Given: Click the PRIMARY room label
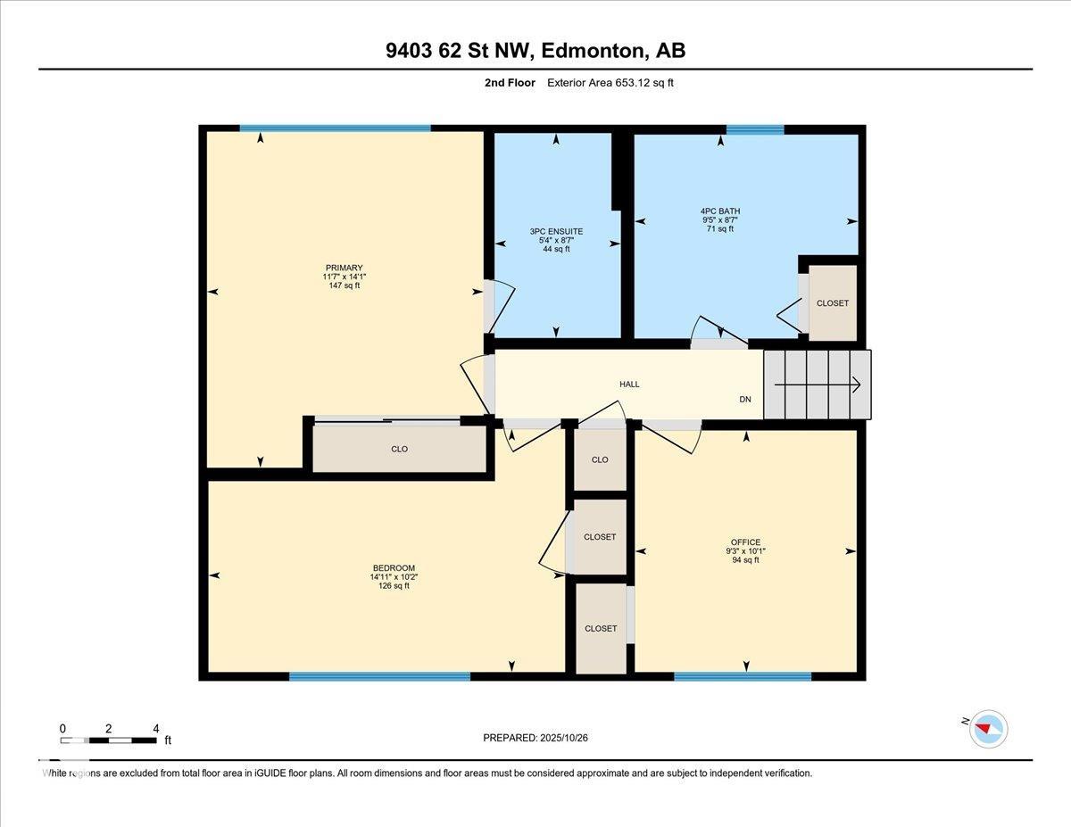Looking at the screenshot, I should point(344,268).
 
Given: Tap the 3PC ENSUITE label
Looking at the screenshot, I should point(556,232).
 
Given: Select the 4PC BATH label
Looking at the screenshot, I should point(719,211).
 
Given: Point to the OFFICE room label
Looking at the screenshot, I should point(745,542).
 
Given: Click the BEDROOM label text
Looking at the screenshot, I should point(394,568).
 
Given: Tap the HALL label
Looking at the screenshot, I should point(629,385).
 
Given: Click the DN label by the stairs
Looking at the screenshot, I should point(745,400).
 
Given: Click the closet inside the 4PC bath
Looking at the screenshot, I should point(832,303).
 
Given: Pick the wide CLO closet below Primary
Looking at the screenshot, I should point(399,449).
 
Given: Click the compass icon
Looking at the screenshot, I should point(988,728).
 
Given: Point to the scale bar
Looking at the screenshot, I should point(108,740).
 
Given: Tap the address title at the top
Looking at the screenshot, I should point(535,51).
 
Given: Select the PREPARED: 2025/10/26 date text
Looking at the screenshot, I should point(535,738).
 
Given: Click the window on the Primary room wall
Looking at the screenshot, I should point(335,128).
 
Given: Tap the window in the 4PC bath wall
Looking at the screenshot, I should point(754,130).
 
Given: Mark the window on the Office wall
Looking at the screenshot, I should point(743,676).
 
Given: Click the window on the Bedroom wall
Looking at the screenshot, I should point(379,676).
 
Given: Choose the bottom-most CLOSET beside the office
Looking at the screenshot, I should point(601,628).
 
